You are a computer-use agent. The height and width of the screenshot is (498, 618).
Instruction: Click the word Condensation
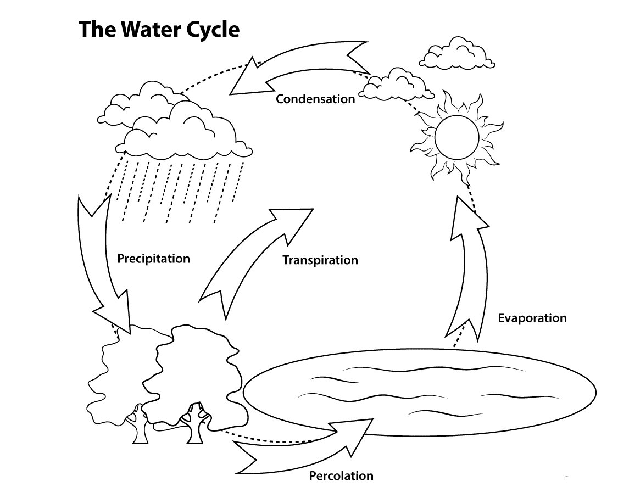click(x=315, y=99)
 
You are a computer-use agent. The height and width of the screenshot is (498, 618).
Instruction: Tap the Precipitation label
click(x=153, y=258)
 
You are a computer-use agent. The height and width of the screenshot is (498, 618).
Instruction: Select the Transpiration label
click(x=320, y=260)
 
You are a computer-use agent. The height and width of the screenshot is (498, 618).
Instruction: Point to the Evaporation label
click(x=532, y=318)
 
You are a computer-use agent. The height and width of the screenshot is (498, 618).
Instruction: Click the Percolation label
click(x=341, y=475)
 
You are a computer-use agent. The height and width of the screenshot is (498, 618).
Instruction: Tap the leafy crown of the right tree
click(x=198, y=373)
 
